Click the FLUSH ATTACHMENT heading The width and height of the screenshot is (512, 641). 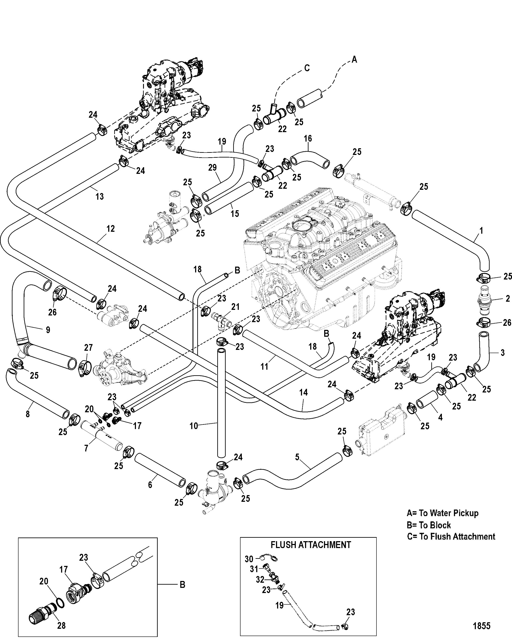pos(311,545)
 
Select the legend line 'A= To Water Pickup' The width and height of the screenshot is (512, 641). pos(443,513)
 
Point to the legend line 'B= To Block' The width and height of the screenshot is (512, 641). pos(429,525)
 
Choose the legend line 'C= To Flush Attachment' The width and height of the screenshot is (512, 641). pos(451,536)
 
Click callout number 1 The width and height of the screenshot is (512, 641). pos(481,230)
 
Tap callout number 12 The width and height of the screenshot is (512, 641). pos(110,229)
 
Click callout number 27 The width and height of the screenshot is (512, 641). pos(88,347)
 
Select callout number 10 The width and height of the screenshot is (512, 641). pos(194,426)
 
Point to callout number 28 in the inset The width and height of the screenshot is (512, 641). pos(61,626)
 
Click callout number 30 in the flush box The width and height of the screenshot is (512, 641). pos(249,559)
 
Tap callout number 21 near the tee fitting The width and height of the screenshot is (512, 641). pos(235,307)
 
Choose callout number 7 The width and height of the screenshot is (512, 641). pos(86,448)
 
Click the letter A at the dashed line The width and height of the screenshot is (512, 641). pos(354,60)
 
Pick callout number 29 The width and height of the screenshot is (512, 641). pos(212,167)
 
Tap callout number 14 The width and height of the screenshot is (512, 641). pos(303,392)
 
